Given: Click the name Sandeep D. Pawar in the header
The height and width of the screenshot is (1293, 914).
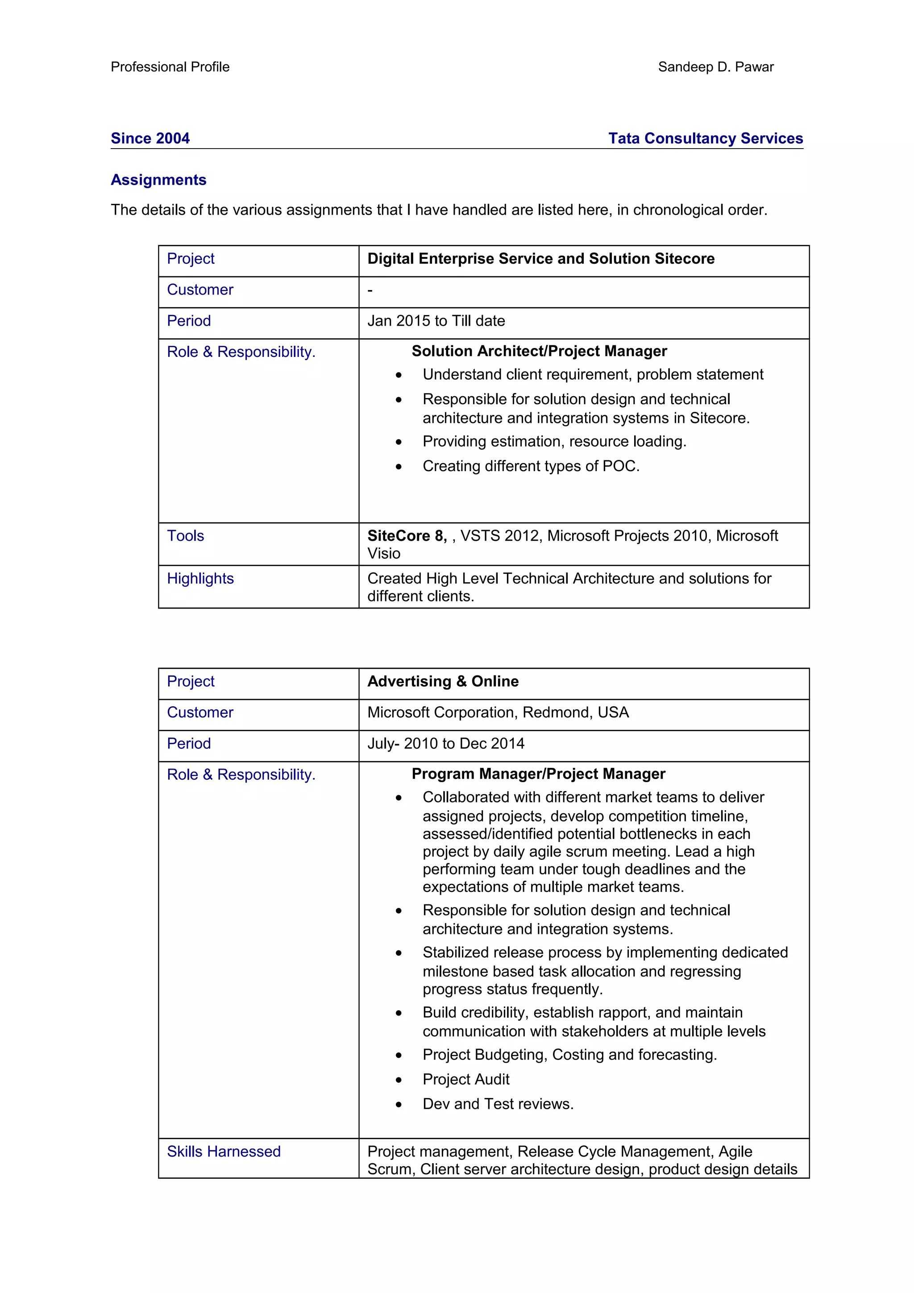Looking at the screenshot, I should (715, 67).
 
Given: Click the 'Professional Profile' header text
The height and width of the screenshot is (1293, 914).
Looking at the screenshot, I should (170, 67).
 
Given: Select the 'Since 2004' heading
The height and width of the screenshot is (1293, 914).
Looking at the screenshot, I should (150, 138).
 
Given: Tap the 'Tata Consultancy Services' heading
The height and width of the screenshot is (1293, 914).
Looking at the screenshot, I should (705, 138).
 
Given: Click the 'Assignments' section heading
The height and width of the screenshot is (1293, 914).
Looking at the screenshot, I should (158, 180).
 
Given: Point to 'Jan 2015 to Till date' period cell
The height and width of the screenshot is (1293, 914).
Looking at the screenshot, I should (436, 321).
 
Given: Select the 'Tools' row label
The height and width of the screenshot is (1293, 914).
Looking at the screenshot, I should (185, 535).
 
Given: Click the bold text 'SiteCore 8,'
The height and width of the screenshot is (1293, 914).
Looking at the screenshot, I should (407, 535).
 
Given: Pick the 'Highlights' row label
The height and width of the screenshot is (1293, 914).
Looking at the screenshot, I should (200, 578).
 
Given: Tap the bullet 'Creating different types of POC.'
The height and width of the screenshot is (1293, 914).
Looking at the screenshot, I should (531, 466).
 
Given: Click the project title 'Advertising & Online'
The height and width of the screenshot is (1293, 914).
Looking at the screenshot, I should (443, 681).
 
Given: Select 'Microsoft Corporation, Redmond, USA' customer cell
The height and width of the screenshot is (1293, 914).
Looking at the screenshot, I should (498, 713).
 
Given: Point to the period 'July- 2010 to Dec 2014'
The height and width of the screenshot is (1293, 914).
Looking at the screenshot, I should (445, 743).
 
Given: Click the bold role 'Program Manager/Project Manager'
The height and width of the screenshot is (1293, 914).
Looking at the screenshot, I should (538, 774).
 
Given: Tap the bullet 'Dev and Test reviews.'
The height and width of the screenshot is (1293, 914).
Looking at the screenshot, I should (498, 1104).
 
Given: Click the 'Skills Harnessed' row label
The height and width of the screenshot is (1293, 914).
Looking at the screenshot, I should (224, 1151).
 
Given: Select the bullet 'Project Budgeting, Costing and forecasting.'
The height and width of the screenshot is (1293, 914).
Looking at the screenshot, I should (569, 1054).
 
